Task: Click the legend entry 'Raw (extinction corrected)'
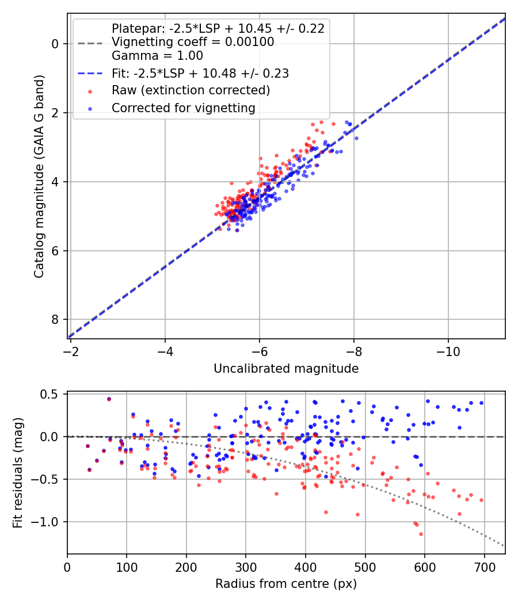click(191, 90)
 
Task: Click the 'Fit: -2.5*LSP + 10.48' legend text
click(200, 73)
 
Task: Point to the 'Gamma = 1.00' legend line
click(157, 56)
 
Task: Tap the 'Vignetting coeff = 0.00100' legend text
click(193, 42)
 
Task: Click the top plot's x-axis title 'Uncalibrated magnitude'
click(286, 369)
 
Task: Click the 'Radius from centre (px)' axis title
click(286, 584)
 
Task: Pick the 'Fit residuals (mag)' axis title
click(18, 473)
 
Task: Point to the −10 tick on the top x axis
click(448, 350)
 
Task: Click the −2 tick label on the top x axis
click(71, 350)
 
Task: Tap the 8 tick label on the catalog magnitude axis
click(55, 320)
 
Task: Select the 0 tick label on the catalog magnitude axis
click(55, 44)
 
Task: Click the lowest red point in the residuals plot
click(421, 534)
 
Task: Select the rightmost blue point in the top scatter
click(356, 138)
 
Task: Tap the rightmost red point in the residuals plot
click(481, 500)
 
